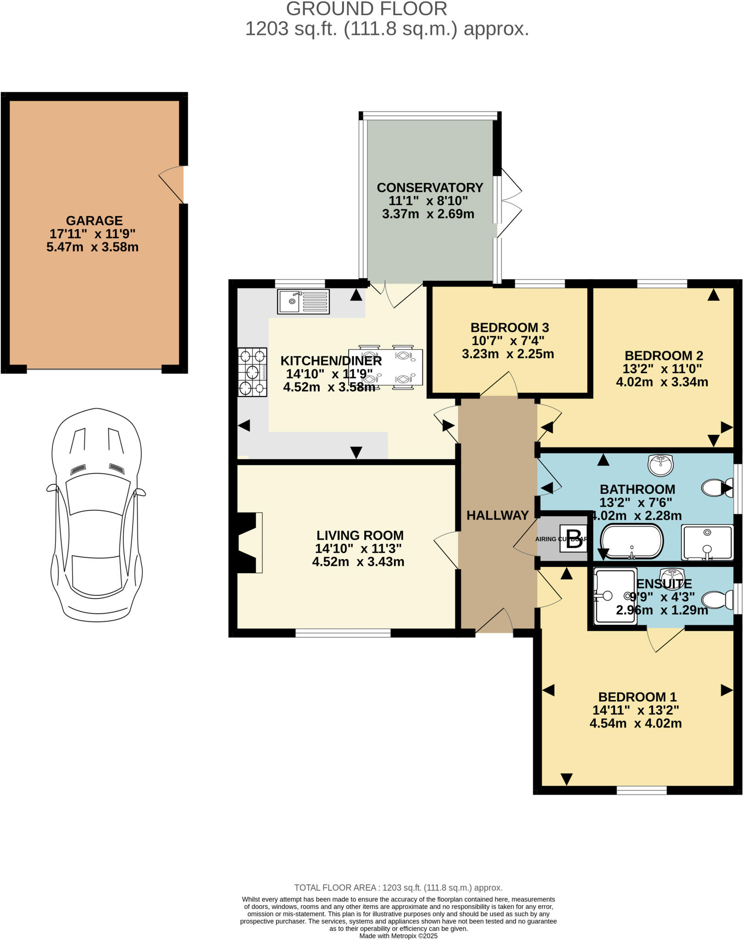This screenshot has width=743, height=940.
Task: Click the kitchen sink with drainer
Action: click(303, 302)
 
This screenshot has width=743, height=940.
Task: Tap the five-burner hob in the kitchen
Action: click(252, 372)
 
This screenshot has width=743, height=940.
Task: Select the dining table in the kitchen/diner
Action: click(385, 367)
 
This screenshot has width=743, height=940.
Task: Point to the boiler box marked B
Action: click(573, 539)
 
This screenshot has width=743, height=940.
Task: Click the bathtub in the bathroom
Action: click(632, 542)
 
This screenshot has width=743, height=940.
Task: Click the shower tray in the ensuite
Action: click(615, 596)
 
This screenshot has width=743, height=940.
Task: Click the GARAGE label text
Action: click(94, 220)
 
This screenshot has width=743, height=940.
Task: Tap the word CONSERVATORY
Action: click(430, 188)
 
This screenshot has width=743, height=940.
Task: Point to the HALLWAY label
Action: click(498, 515)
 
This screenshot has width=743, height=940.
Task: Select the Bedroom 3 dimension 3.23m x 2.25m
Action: click(508, 354)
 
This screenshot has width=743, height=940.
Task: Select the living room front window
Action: click(343, 633)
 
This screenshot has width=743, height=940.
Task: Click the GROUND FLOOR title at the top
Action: click(366, 9)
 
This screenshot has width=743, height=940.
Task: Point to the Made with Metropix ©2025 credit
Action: click(398, 936)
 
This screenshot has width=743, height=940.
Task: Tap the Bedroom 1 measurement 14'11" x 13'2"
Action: click(635, 710)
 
